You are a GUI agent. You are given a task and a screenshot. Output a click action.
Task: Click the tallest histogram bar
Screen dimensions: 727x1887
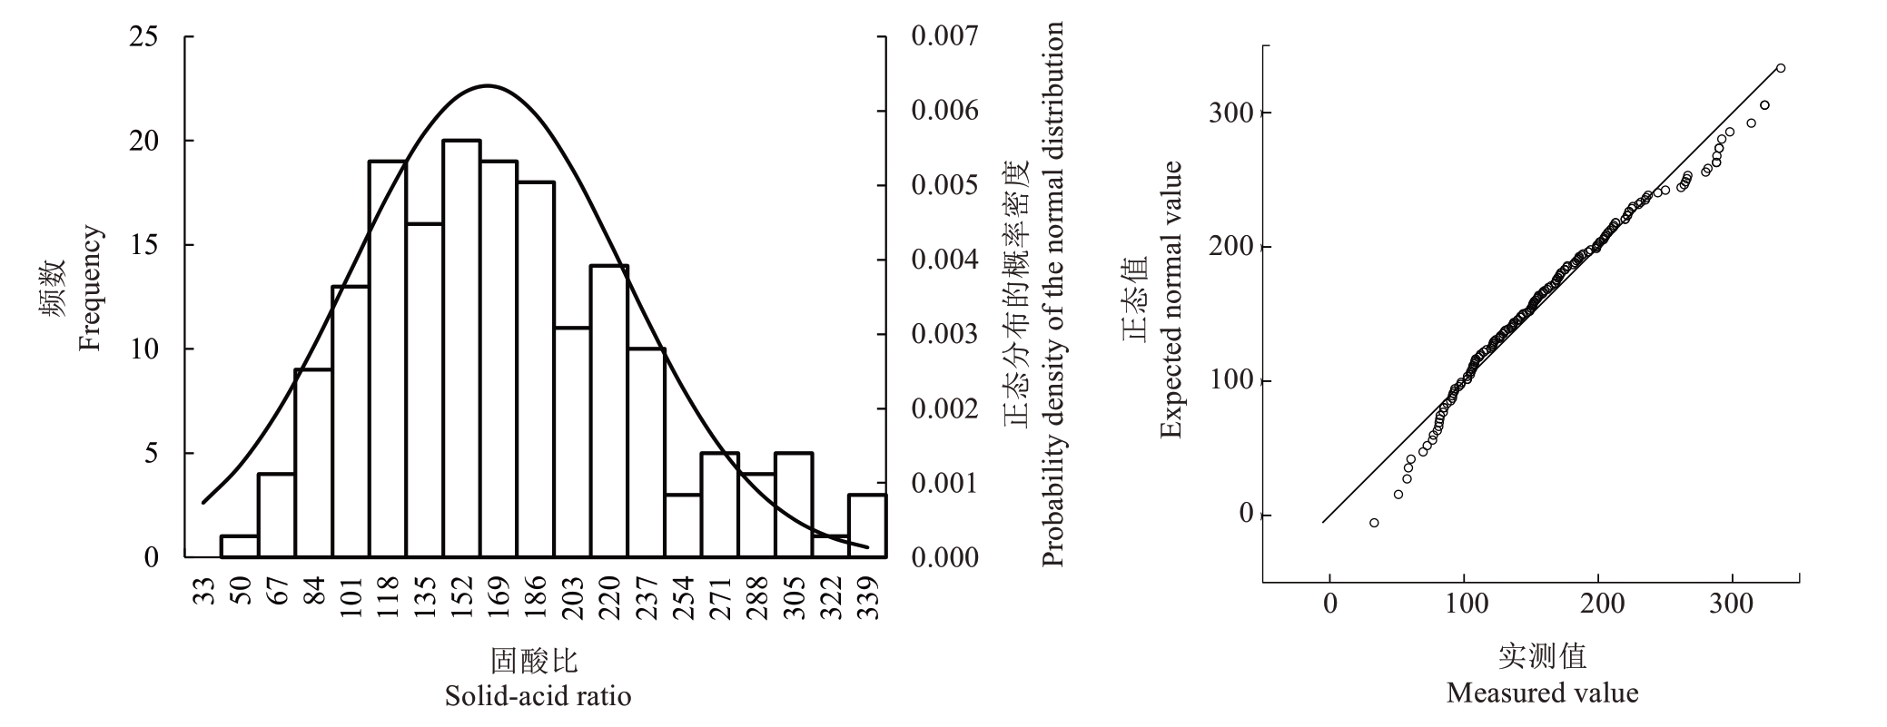[461, 349]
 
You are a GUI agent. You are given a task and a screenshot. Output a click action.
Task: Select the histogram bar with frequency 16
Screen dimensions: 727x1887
[424, 390]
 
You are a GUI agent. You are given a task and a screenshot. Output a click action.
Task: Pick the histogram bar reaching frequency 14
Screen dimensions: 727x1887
[609, 411]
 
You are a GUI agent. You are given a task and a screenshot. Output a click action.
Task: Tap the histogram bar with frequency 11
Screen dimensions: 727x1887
[572, 442]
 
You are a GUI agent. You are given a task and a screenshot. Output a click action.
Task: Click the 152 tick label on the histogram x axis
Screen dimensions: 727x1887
[462, 596]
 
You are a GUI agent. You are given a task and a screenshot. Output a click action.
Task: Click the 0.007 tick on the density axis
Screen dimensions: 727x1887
[944, 37]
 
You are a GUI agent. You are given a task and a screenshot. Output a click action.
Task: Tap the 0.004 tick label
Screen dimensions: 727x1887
[944, 260]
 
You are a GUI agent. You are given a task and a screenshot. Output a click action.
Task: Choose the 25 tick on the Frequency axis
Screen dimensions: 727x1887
[144, 37]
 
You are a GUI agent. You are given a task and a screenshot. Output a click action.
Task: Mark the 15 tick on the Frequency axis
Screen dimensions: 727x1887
[144, 245]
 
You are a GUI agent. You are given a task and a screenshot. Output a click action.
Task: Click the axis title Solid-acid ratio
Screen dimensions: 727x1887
[538, 697]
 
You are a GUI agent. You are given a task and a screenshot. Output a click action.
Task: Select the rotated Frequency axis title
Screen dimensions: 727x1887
[91, 289]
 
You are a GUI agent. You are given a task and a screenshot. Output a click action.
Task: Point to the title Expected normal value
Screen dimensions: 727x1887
[1171, 300]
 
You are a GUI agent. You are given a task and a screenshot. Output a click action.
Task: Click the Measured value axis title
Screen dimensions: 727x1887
[1542, 694]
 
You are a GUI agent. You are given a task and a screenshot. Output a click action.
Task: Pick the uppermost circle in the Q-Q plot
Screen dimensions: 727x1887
[1781, 68]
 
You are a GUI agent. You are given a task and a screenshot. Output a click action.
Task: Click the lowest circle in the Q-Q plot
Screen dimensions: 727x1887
[1374, 523]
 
